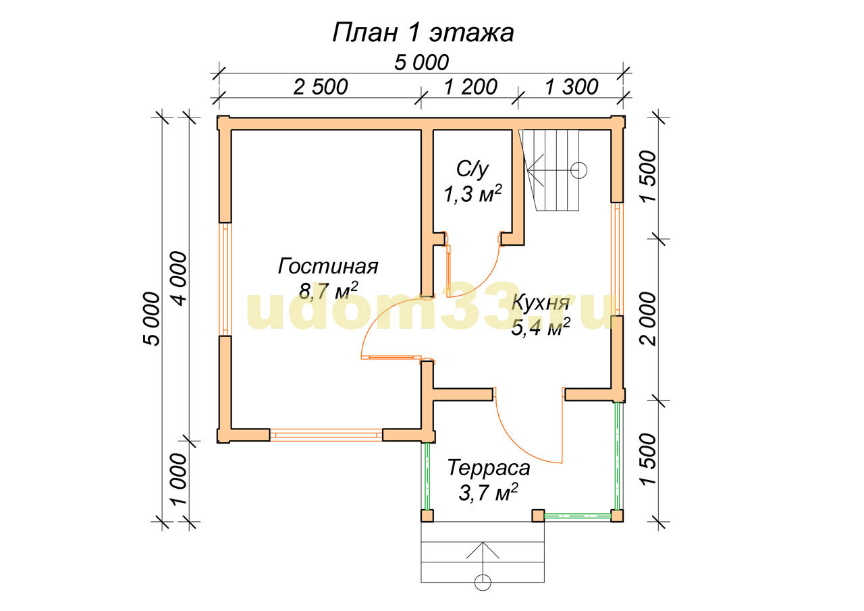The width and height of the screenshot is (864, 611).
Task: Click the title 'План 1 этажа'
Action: coord(423,33)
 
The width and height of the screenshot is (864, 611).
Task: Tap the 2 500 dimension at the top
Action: coord(321,87)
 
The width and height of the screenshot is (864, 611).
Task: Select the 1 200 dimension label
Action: coord(470,87)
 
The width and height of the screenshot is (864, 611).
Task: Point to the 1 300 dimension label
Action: coord(572,87)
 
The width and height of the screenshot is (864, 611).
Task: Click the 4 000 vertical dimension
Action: coord(179,279)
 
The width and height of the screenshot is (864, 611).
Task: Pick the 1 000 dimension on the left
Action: coord(179,479)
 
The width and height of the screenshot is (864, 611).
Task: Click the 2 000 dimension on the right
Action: coord(647,319)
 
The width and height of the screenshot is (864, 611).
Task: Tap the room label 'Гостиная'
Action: coord(328,266)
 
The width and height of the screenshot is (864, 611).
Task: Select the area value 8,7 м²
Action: coord(329,291)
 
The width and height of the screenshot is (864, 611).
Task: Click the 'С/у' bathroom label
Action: coord(473,169)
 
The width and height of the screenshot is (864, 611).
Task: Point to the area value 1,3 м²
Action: coord(473,193)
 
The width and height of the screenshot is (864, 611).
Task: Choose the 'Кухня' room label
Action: coord(541,304)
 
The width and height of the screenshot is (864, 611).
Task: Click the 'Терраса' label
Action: coord(489,468)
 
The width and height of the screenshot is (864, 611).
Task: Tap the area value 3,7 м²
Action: coord(488,493)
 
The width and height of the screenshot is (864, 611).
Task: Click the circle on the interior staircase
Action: coord(578,170)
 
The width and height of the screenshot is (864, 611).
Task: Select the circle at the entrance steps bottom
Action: coord(483,593)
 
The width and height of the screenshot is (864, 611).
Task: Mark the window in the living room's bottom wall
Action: coord(326,435)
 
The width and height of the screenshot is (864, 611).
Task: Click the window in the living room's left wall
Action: coord(225,280)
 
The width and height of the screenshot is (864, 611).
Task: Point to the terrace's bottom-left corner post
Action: coord(427,516)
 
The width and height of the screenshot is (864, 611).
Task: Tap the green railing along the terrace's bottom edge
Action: coord(577,515)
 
